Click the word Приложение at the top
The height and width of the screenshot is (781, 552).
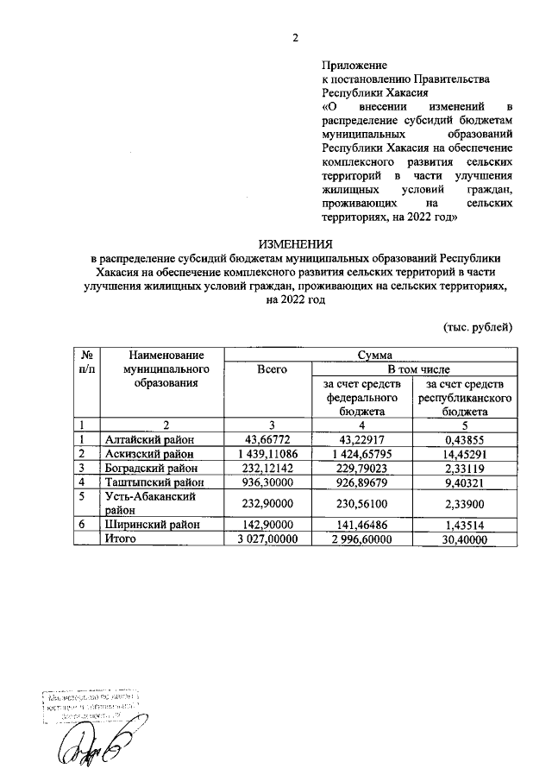[x=354, y=65]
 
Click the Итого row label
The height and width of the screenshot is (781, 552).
[x=121, y=539]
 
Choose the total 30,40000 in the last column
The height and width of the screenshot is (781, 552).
[x=467, y=539]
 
